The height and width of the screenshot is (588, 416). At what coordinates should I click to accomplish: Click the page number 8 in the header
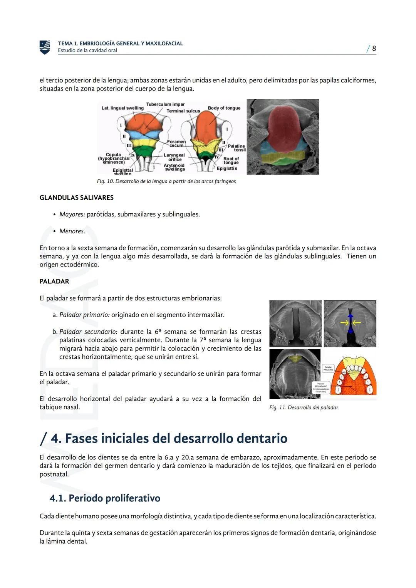tap(374, 49)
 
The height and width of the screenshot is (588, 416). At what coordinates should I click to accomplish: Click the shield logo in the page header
tap(45, 47)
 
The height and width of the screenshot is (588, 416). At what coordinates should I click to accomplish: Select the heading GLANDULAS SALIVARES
tap(76, 198)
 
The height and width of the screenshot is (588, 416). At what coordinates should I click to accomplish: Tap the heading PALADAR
tap(54, 281)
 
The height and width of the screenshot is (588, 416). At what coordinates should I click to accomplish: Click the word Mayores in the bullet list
tap(72, 214)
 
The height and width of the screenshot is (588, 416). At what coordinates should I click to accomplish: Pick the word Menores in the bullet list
tap(72, 231)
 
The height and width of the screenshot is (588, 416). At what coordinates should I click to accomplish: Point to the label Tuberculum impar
tap(165, 104)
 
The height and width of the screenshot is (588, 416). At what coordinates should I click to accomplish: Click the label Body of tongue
tap(224, 108)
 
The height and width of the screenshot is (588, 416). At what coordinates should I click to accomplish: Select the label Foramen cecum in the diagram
tap(176, 144)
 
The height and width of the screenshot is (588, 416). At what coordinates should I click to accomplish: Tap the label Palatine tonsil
tap(237, 148)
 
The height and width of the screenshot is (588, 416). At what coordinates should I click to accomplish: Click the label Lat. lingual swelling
tap(122, 108)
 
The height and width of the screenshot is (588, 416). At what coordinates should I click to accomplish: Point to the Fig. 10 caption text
tap(166, 181)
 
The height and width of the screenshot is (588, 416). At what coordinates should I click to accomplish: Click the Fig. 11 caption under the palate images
tap(304, 407)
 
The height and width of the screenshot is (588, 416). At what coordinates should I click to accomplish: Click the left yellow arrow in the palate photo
tap(344, 322)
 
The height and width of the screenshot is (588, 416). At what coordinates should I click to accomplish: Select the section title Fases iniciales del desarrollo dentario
tap(169, 438)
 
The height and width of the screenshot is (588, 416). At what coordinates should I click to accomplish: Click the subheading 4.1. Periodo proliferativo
tap(105, 498)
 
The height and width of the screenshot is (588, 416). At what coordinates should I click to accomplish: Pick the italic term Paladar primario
tap(84, 315)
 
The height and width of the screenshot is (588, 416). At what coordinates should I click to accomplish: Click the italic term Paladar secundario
tap(88, 332)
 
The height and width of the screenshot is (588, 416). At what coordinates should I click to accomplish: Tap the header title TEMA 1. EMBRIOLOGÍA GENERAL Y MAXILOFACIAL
tap(120, 44)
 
